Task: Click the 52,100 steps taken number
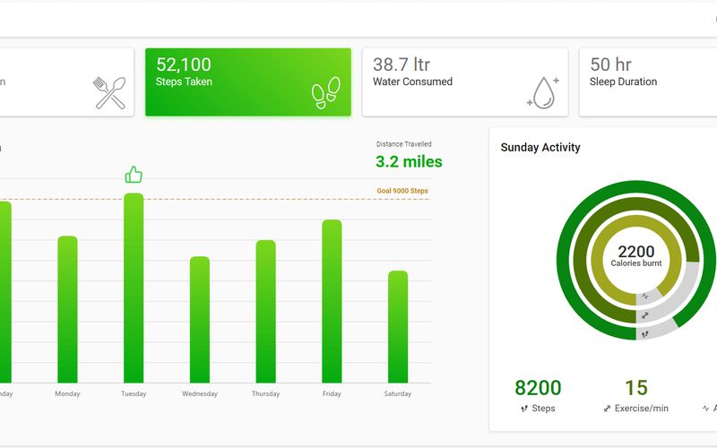click(x=184, y=65)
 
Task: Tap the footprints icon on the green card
click(x=325, y=92)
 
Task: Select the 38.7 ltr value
click(x=402, y=65)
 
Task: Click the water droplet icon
click(x=542, y=92)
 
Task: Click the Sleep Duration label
click(x=623, y=82)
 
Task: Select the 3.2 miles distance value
click(x=409, y=161)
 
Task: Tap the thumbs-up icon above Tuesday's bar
click(x=134, y=175)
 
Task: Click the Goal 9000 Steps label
click(x=402, y=191)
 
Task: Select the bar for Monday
click(x=67, y=309)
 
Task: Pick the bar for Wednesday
click(x=200, y=320)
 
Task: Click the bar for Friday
click(x=332, y=301)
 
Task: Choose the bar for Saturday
click(x=398, y=327)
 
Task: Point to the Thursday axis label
click(x=265, y=394)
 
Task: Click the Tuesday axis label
click(x=134, y=394)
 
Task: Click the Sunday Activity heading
click(x=540, y=148)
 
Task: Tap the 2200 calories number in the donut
click(x=635, y=252)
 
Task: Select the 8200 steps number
click(x=538, y=388)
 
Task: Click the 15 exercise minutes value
click(x=635, y=388)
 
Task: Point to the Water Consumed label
click(x=412, y=82)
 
